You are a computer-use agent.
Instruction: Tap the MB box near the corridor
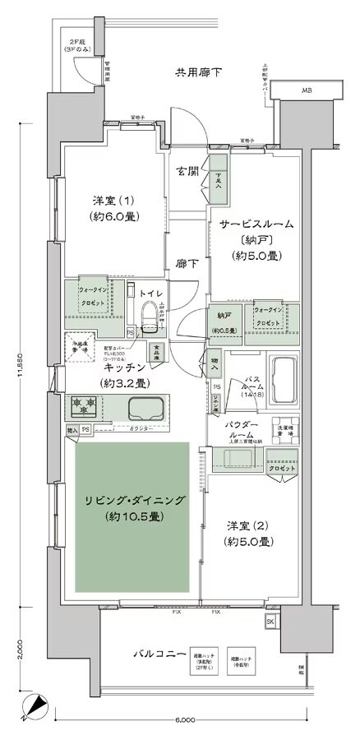(306, 90)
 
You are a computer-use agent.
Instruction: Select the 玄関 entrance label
(186, 171)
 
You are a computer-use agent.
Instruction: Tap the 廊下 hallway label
(187, 265)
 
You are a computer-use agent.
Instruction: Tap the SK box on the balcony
(270, 622)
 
